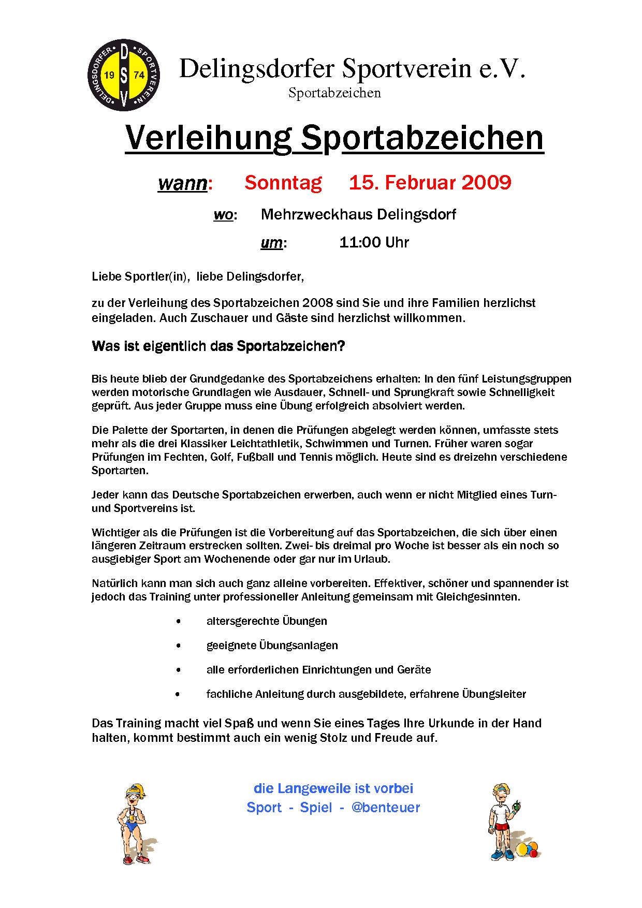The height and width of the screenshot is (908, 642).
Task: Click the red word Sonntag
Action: pos(283,183)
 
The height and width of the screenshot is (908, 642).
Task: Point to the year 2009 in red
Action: pos(486,183)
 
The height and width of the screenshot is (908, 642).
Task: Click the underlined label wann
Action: pos(182,184)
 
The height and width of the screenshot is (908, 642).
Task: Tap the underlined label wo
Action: pos(223,215)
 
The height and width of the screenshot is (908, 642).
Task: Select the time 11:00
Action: pos(360,242)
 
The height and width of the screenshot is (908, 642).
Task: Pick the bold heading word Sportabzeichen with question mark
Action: pos(290,346)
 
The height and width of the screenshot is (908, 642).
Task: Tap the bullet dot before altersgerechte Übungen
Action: pos(179,621)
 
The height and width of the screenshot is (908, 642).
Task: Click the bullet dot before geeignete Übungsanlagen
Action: pos(179,646)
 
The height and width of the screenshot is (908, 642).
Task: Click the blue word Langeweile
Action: pos(313,788)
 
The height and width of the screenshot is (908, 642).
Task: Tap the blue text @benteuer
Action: pos(386,808)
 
